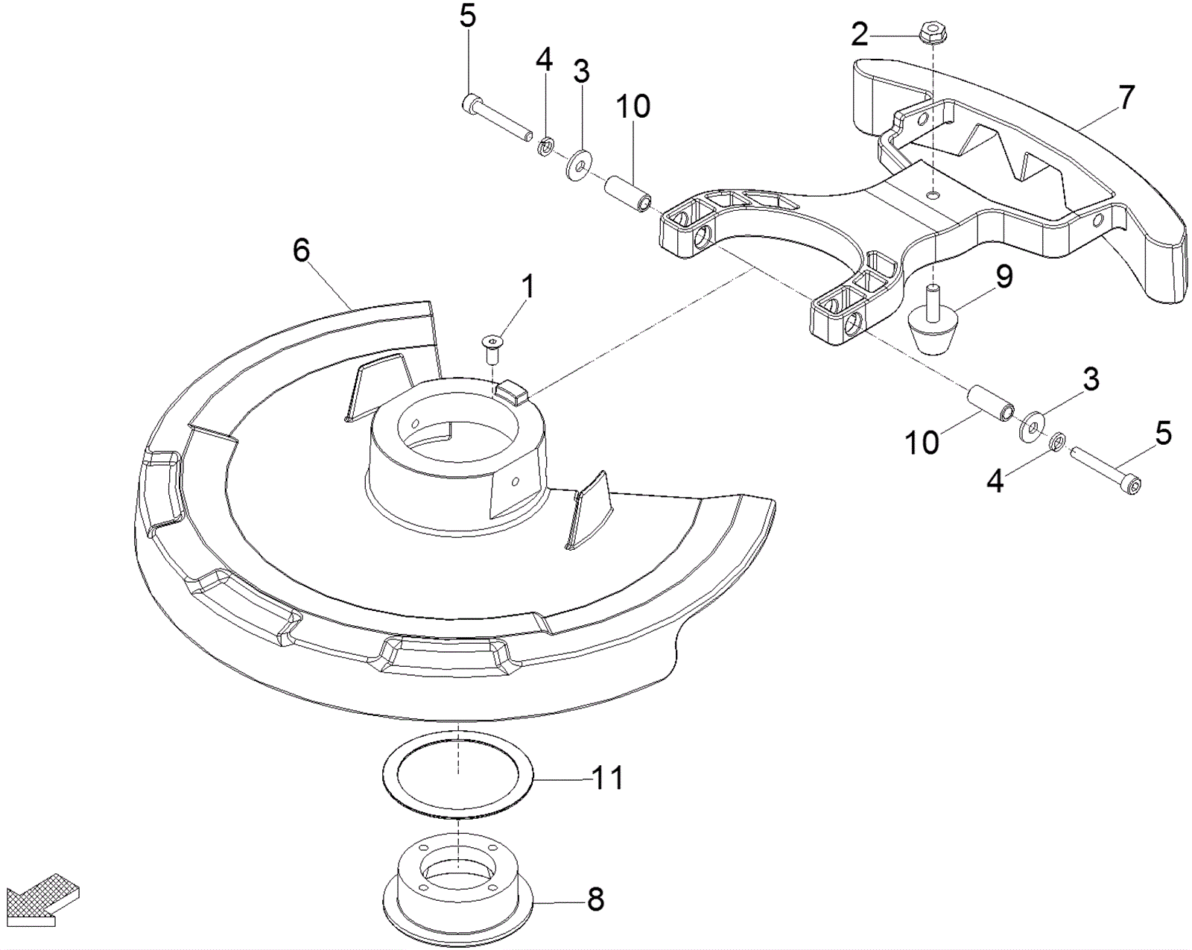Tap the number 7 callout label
click(x=1126, y=98)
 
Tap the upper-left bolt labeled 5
click(x=495, y=117)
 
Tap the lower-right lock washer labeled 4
click(x=1056, y=443)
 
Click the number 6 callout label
click(x=301, y=251)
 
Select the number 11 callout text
click(x=607, y=779)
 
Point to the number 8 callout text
click(x=596, y=900)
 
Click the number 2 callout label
click(x=859, y=34)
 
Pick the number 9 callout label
click(x=1004, y=277)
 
